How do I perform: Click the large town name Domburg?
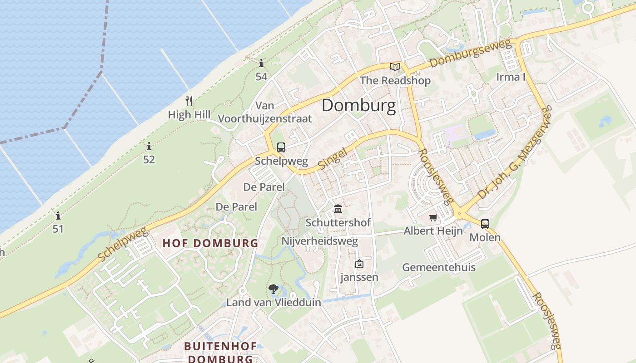click(358, 106)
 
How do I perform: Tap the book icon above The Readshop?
click(395, 67)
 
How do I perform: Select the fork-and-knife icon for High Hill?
click(189, 101)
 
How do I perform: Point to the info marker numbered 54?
click(261, 64)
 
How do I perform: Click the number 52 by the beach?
click(149, 159)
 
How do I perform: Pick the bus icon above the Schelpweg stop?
click(281, 147)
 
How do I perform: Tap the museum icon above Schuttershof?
click(338, 209)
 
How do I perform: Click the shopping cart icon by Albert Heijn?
click(433, 218)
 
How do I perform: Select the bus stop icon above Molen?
click(485, 224)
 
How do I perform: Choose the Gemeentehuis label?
click(438, 267)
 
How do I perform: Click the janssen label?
click(359, 277)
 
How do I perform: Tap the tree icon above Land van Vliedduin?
click(273, 289)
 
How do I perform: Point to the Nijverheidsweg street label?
click(319, 241)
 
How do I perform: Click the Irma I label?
click(511, 77)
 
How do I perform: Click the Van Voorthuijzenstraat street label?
click(265, 112)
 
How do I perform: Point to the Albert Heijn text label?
click(433, 231)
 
